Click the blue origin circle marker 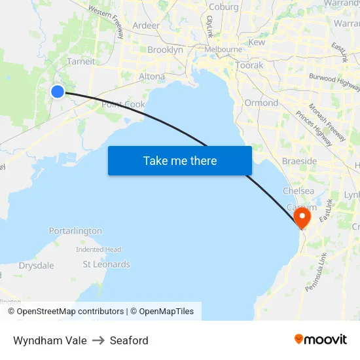[x=58, y=92]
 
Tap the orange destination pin [x=302, y=216]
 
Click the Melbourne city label [x=223, y=50]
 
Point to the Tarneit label [x=81, y=62]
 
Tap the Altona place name [x=152, y=77]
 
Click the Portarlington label [x=75, y=231]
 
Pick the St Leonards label [x=106, y=264]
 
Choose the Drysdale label [x=37, y=266]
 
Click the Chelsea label [x=298, y=191]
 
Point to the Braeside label [x=299, y=161]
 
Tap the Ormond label [x=261, y=103]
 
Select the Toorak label [x=249, y=65]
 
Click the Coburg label [x=223, y=7]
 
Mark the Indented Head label [x=98, y=249]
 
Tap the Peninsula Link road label [x=315, y=269]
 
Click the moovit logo [x=321, y=340]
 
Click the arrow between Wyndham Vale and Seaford [x=98, y=340]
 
